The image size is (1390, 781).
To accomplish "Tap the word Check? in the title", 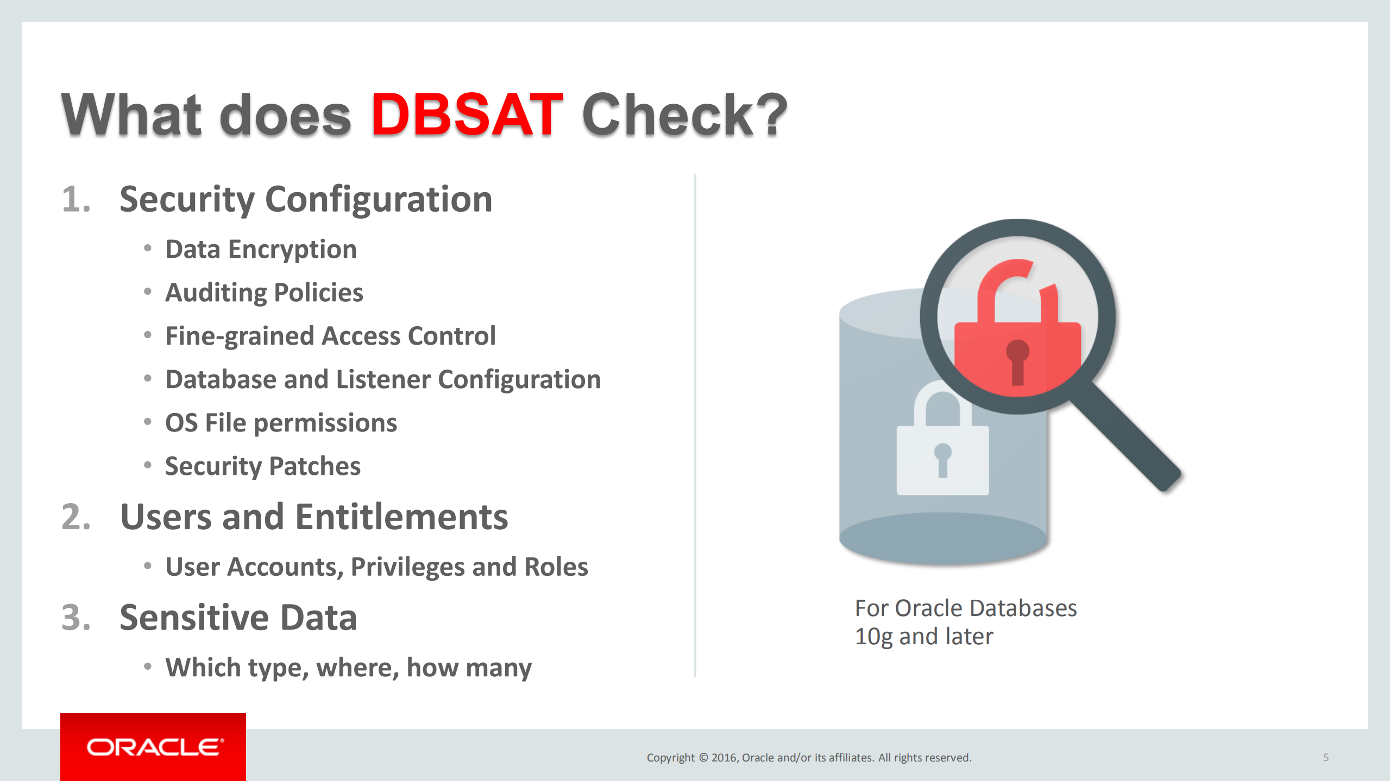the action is [x=684, y=115].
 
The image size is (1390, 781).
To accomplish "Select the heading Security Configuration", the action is [x=306, y=200].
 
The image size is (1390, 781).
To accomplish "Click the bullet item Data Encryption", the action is [x=261, y=250].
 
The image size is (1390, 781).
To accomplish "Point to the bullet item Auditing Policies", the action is [x=264, y=293].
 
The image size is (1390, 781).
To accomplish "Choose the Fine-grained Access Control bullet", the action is [x=330, y=336].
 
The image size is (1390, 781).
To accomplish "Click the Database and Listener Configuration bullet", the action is [x=383, y=380].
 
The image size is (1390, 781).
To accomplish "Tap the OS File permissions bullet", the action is [x=281, y=423].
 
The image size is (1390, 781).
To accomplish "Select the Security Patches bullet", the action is [x=263, y=467].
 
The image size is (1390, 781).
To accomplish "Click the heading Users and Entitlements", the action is [x=314, y=517].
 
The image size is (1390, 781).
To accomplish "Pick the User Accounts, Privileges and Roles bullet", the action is [x=376, y=567].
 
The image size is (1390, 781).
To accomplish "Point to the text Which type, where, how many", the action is [x=348, y=668].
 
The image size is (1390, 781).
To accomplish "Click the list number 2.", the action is [x=76, y=517].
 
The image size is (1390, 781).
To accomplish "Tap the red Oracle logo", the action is [x=153, y=747].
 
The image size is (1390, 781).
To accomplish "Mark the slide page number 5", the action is [x=1326, y=757].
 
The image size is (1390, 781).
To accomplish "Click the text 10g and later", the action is [x=924, y=637].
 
